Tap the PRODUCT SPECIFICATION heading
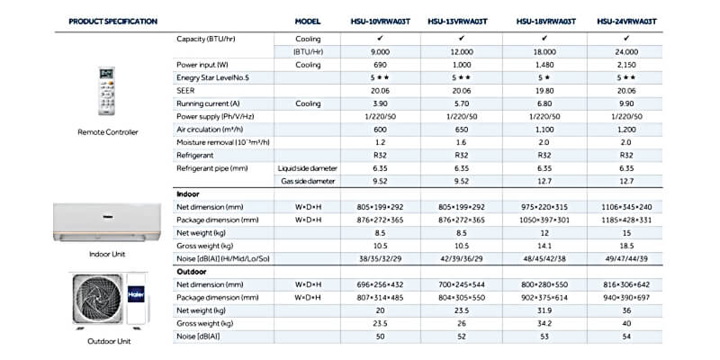click(x=113, y=21)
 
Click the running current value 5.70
click(x=463, y=104)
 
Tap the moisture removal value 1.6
click(x=463, y=142)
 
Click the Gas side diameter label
click(x=308, y=181)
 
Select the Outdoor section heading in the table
click(x=192, y=272)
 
